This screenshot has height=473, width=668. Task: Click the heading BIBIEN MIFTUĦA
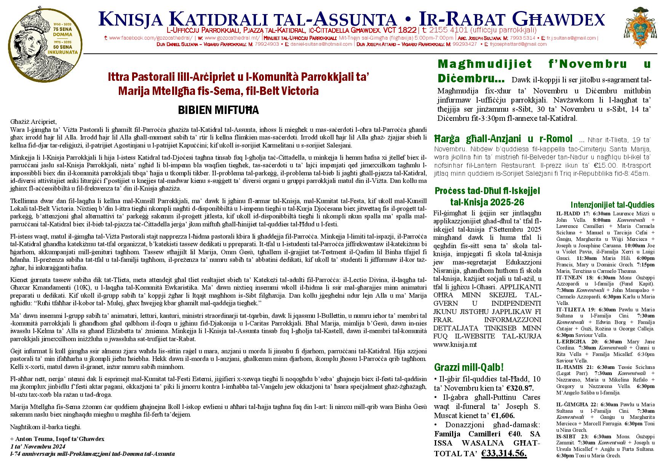pyautogui.click(x=218, y=111)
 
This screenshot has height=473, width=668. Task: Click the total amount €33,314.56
pyautogui.click(x=504, y=453)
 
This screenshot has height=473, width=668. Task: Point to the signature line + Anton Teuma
pyautogui.click(x=58, y=439)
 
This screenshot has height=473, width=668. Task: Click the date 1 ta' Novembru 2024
pyautogui.click(x=38, y=446)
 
